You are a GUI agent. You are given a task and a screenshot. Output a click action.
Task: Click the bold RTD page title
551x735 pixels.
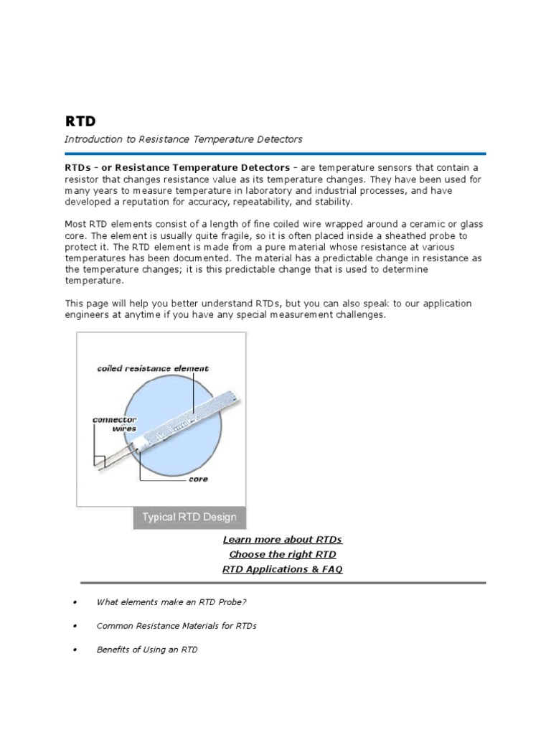point(80,121)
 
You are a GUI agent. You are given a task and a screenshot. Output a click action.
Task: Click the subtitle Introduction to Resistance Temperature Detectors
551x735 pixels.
point(184,139)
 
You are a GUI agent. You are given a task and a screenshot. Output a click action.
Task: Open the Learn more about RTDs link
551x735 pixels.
point(283,540)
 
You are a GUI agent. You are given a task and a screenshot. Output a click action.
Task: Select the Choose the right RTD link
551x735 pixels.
point(283,555)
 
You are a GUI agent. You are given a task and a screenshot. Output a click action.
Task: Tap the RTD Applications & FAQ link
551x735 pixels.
point(283,570)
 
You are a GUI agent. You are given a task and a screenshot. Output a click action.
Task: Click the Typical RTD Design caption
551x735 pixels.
point(189,518)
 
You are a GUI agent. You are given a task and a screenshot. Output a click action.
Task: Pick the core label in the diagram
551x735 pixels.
point(198,479)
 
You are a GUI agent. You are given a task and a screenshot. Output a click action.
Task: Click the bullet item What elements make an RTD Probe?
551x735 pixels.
point(171,601)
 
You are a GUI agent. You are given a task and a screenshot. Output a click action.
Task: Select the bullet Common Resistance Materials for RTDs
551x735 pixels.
point(176,626)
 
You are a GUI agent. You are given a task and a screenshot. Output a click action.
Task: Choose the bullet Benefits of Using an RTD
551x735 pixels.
point(147,650)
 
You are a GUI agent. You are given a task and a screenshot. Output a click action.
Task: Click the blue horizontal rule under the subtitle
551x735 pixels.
point(275,154)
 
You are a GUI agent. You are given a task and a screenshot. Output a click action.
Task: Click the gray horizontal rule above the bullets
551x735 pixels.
point(283,583)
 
